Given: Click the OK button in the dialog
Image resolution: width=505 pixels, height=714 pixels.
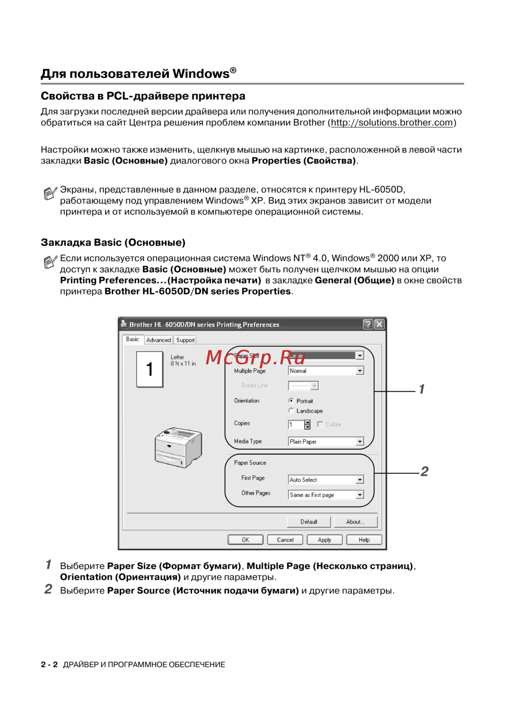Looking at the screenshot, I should [x=245, y=540].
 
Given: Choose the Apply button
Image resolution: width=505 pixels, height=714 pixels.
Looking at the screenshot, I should [x=324, y=540].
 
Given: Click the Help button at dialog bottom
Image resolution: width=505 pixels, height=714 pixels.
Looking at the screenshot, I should [x=364, y=540].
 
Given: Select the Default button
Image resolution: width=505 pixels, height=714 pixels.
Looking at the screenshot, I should [x=309, y=522].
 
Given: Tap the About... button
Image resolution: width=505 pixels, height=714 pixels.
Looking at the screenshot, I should [x=355, y=522].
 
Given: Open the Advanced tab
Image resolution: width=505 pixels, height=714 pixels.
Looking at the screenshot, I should [x=159, y=340].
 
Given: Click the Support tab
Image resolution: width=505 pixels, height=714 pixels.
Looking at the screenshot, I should [x=185, y=340].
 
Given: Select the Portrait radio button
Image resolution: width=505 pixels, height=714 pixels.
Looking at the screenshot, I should [x=291, y=401].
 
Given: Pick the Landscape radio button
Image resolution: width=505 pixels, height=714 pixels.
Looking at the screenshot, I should [x=291, y=411].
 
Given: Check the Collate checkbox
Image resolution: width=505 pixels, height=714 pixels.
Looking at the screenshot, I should [x=320, y=424].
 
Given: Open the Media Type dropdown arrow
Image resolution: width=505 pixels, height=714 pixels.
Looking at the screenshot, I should [x=360, y=442].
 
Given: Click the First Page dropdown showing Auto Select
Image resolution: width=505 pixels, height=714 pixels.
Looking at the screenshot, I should [x=325, y=480].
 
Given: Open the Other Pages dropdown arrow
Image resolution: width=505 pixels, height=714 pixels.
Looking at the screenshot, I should [x=360, y=495].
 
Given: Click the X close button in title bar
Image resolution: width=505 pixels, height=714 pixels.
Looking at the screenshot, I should [x=379, y=324].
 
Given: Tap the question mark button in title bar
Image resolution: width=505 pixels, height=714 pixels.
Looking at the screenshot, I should [x=368, y=324].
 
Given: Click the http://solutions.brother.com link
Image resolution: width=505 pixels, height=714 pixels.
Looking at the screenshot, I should [x=392, y=123].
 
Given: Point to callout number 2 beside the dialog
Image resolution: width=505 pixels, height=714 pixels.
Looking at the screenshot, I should [x=424, y=471].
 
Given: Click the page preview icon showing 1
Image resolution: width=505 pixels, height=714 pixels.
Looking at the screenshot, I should [x=149, y=369].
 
